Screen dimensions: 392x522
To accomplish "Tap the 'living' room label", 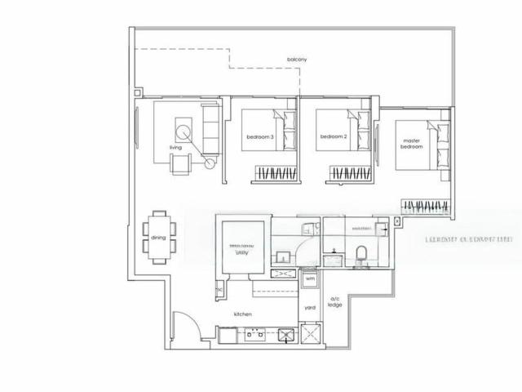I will [175, 148].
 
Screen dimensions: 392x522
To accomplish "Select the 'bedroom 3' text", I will [259, 136].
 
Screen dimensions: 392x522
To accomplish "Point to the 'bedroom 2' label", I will [334, 136].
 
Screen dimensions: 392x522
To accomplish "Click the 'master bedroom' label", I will [412, 143].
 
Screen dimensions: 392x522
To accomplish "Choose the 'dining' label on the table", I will [157, 238].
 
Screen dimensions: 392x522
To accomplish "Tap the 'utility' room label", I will [242, 253].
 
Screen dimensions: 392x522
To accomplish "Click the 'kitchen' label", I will [242, 314].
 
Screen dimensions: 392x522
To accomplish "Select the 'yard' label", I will [310, 308].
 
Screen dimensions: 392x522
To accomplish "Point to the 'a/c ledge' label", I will [334, 301].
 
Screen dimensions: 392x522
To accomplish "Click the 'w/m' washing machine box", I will [310, 279].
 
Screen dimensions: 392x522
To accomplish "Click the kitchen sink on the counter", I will [286, 334].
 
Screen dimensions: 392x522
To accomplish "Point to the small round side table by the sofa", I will [210, 163].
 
